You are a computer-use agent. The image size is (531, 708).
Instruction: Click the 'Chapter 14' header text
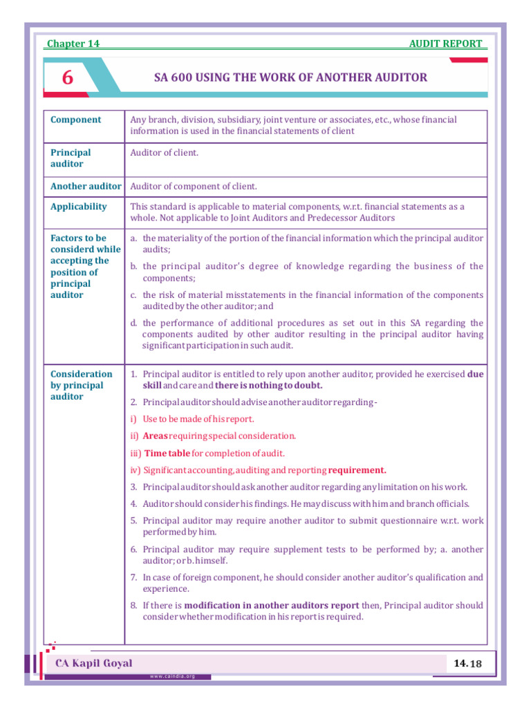(73, 44)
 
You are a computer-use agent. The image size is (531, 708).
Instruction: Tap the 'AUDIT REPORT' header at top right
(446, 44)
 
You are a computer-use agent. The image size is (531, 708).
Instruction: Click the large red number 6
(67, 77)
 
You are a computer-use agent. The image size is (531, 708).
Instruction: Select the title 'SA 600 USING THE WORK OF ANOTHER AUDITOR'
(290, 77)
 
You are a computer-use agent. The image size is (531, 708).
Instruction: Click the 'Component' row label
(76, 120)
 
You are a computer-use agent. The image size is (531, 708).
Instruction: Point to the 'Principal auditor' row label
(71, 158)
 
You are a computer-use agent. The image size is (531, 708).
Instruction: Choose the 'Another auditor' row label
(86, 186)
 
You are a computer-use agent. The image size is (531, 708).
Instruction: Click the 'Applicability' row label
(79, 207)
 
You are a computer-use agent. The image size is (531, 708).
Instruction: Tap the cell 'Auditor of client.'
(165, 152)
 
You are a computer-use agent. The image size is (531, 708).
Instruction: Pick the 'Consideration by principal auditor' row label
(81, 385)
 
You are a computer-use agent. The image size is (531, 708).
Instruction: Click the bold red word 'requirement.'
(357, 470)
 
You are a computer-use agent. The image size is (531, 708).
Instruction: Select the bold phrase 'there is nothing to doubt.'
(268, 385)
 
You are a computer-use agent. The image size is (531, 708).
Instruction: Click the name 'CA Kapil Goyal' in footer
(94, 664)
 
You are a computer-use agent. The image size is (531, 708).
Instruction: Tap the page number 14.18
(467, 664)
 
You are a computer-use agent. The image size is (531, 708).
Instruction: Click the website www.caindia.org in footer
(172, 676)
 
